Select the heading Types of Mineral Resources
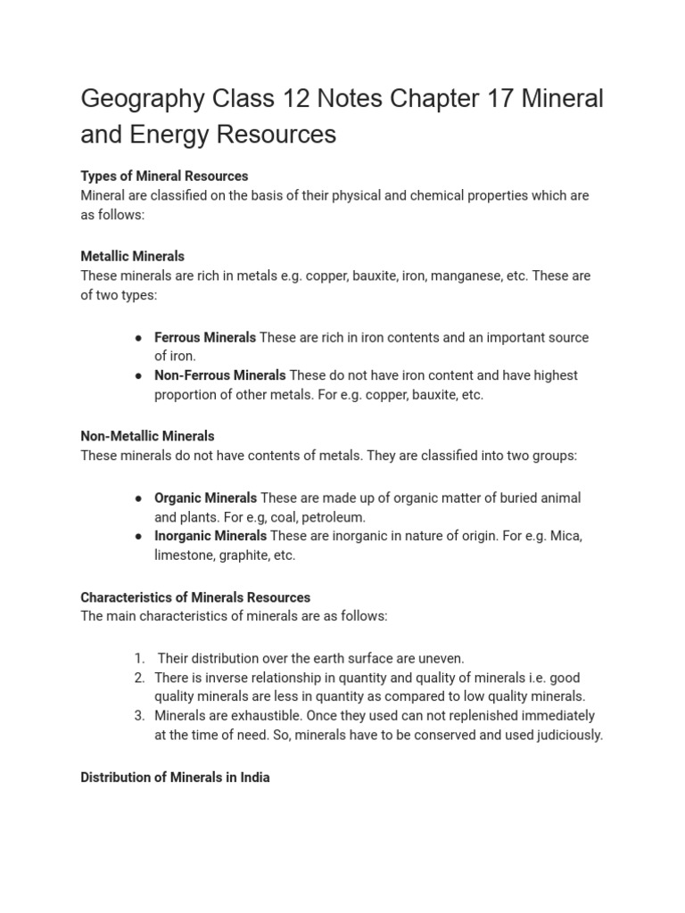point(164,176)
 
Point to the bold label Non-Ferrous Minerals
point(219,375)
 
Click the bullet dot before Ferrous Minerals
point(139,338)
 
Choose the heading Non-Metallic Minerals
point(147,436)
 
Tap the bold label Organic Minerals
point(205,498)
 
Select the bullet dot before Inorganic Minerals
point(139,536)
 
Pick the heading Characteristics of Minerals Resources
point(195,597)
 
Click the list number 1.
point(139,658)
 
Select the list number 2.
point(139,678)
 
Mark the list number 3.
point(139,715)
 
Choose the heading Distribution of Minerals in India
point(175,777)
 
